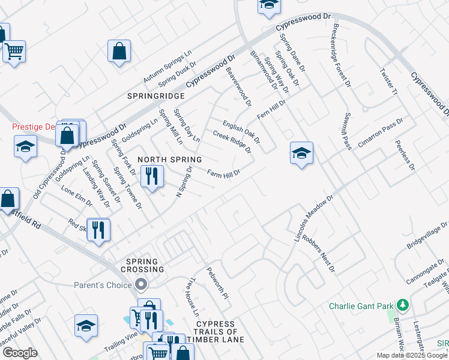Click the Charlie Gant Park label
[x=361, y=306]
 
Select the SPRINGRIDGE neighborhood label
[x=155, y=96]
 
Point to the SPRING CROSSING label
[x=142, y=266]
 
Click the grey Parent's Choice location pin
[x=142, y=284]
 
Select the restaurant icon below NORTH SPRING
[x=151, y=176]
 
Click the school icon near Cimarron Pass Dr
[x=301, y=153]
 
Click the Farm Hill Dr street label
[x=224, y=173]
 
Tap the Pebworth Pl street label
[x=217, y=284]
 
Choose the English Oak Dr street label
[x=241, y=131]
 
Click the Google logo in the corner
[x=20, y=353]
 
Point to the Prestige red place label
[x=37, y=127]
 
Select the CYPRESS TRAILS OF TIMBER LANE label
[x=215, y=332]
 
